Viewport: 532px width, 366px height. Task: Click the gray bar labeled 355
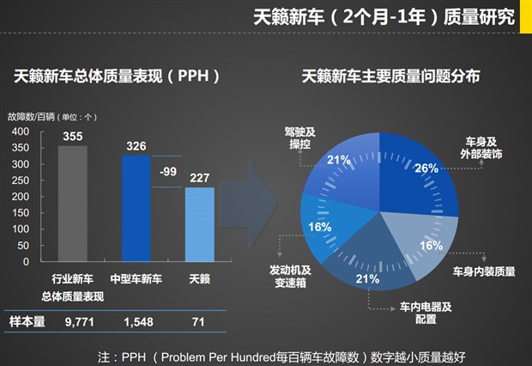[73, 203]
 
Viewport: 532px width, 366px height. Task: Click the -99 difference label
[169, 171]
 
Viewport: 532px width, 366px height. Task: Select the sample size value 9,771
[73, 321]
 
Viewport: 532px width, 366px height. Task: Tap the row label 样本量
[27, 321]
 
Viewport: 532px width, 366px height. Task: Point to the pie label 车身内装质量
[484, 271]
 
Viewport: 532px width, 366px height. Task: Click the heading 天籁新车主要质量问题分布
[390, 76]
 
